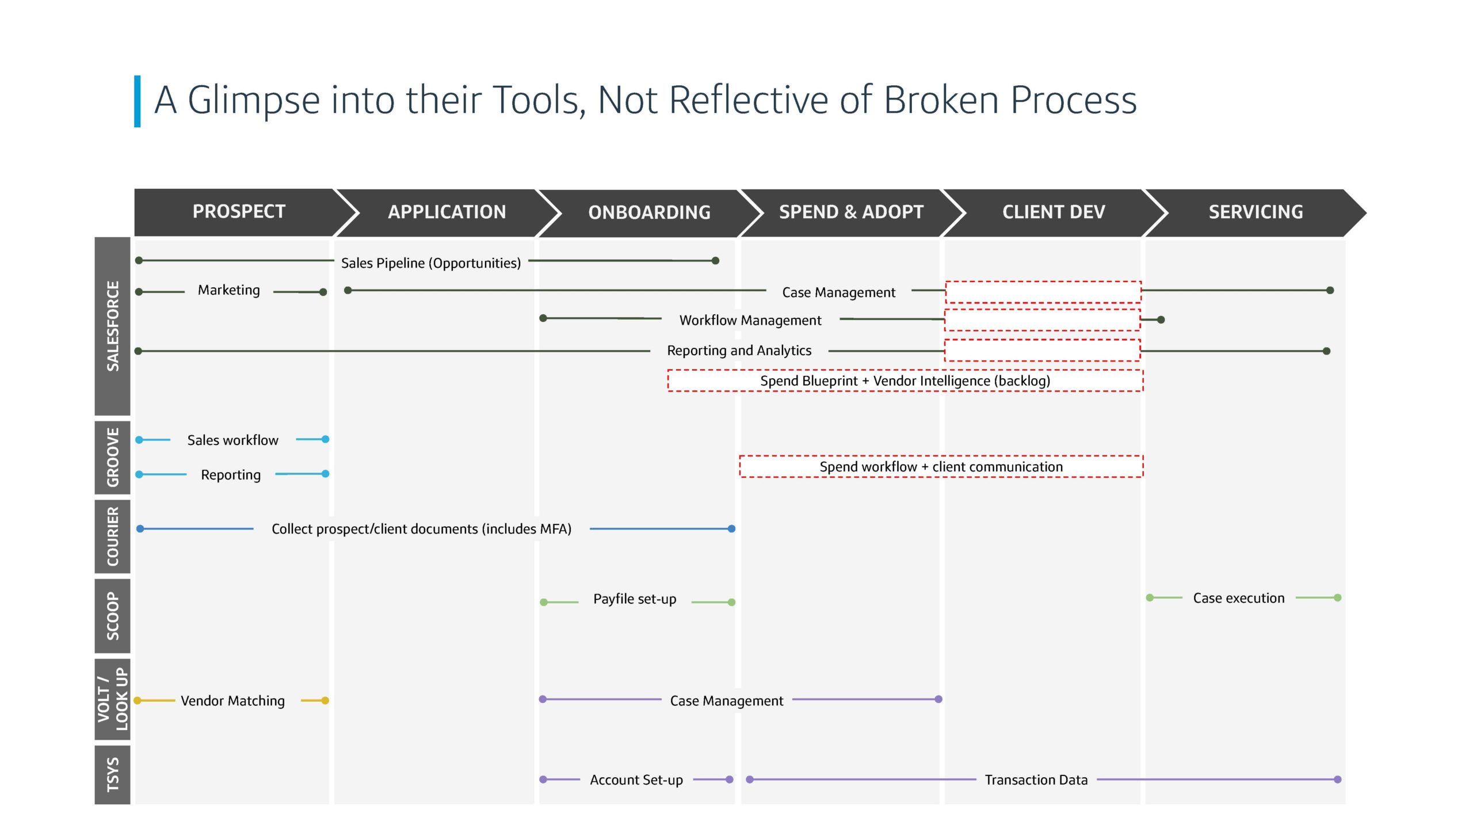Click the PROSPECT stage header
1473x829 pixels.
coord(239,212)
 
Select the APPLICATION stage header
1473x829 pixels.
coord(447,212)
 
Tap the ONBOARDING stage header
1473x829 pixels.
coord(649,213)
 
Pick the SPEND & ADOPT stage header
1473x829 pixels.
coord(851,212)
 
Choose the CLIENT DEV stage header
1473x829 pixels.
coord(1054,212)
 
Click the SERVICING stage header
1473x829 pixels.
coord(1256,212)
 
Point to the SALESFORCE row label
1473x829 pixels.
coord(113,326)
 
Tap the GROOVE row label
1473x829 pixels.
coord(113,458)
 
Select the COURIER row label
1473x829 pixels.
coord(113,537)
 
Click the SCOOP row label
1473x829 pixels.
coord(113,616)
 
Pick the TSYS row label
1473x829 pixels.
coord(113,775)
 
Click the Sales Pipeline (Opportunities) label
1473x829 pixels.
coord(431,263)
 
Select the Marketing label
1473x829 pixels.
coord(229,290)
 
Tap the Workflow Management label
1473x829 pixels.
coord(750,320)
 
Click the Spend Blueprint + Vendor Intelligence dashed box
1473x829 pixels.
coord(905,381)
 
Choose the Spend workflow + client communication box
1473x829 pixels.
coord(941,466)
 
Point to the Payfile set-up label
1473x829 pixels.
coord(635,599)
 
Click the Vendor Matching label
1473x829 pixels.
coord(232,701)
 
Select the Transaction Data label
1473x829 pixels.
coord(1036,780)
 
